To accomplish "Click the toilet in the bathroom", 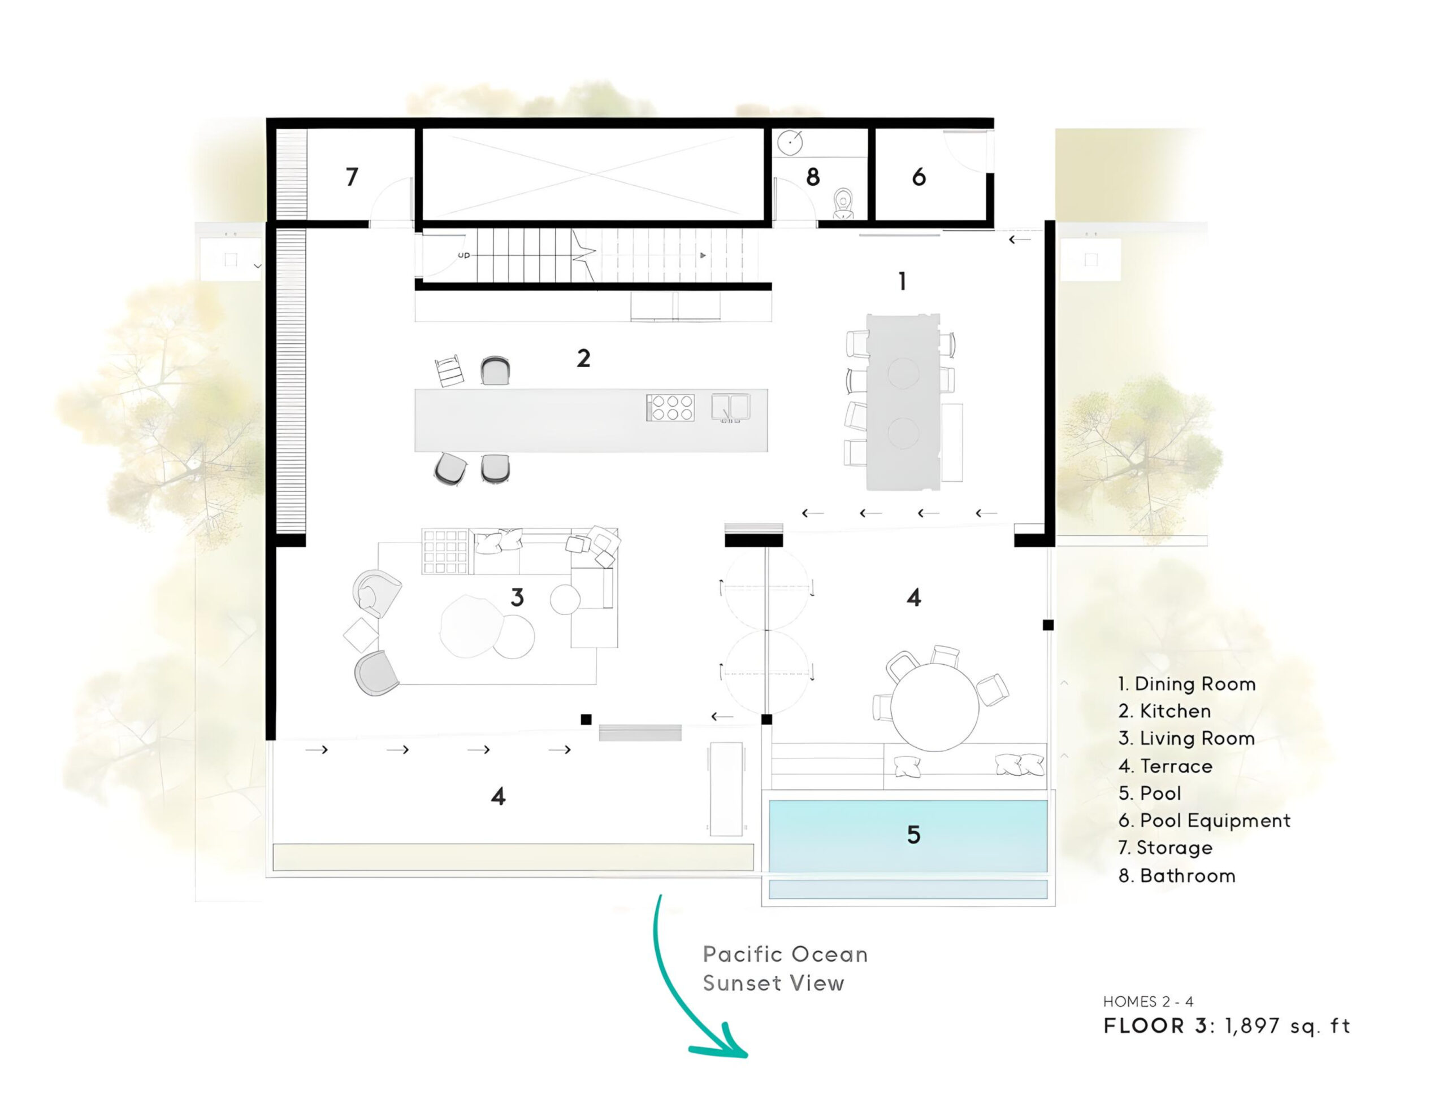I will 843,203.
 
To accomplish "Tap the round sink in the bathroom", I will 790,142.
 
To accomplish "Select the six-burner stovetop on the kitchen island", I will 670,408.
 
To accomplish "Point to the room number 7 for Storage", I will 352,177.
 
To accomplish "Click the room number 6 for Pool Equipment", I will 919,177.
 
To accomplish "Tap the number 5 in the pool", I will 913,835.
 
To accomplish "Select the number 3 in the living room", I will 517,598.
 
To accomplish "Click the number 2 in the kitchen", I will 583,359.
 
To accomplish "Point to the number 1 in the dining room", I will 902,282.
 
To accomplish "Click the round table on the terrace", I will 934,707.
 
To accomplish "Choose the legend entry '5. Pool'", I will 1150,793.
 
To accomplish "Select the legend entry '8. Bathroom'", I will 1177,876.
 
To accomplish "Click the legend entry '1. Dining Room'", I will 1186,684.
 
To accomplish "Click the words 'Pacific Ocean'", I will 785,954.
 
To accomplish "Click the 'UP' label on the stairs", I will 464,255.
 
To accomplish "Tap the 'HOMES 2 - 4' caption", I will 1148,1002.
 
